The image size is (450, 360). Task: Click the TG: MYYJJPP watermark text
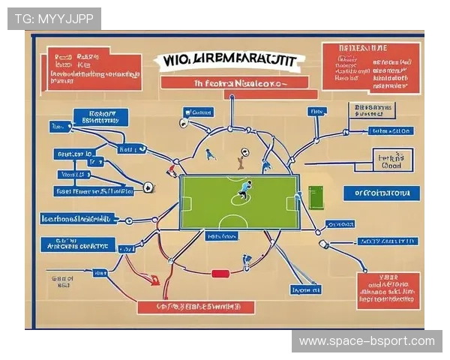click(53, 19)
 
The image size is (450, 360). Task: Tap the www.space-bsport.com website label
click(367, 341)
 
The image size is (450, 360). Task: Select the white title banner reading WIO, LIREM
click(229, 61)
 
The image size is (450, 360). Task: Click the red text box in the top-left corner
click(94, 69)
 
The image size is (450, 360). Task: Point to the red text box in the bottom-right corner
click(388, 290)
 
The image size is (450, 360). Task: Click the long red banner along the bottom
click(196, 307)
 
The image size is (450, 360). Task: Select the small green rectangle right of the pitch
click(315, 198)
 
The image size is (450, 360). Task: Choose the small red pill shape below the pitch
click(220, 274)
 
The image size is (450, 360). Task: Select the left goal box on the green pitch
click(186, 203)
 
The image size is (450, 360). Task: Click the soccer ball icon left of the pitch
click(148, 187)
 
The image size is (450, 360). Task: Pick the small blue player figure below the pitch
click(246, 261)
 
